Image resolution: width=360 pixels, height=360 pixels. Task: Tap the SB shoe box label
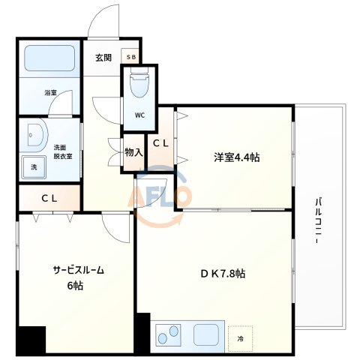[x=131, y=56]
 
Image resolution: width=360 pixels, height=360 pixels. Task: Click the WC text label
[x=139, y=115]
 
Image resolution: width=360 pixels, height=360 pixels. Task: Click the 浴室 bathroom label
[x=51, y=93]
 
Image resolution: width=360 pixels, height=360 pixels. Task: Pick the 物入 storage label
[x=133, y=152]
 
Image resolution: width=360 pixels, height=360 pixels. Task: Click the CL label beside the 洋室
[x=160, y=142]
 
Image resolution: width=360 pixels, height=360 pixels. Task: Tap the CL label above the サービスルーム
[x=49, y=199]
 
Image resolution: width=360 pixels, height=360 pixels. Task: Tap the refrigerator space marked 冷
[x=241, y=338]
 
